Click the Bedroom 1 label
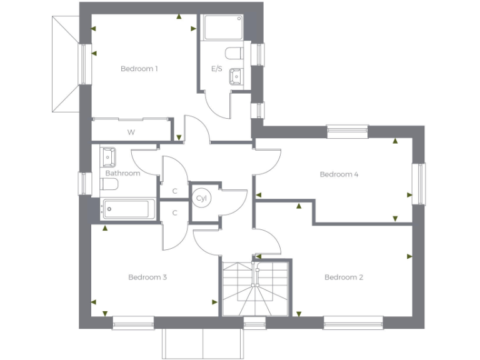(139, 69)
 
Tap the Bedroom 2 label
(344, 277)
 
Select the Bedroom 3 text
(147, 277)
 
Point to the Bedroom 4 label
(339, 174)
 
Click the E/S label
(217, 69)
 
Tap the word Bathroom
(122, 173)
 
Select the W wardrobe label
(131, 132)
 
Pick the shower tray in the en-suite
(223, 27)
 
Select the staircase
(256, 289)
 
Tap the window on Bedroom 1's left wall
(83, 63)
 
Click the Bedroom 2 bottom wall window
(353, 322)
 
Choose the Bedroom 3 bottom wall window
(133, 322)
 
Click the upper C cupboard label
(175, 191)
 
